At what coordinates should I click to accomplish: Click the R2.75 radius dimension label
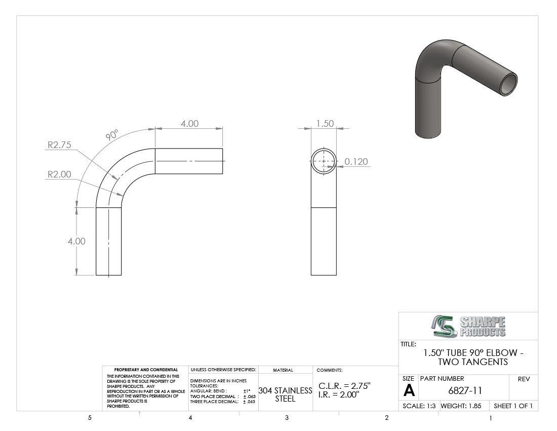(x=59, y=145)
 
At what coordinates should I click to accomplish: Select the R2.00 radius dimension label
(x=59, y=174)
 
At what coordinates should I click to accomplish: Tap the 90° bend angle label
(x=111, y=135)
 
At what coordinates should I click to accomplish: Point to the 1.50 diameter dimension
(x=325, y=123)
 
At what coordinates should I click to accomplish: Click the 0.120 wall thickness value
(x=356, y=161)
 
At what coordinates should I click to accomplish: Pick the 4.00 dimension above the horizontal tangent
(x=190, y=123)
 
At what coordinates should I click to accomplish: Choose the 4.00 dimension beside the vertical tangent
(x=77, y=241)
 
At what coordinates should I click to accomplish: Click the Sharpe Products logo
(x=468, y=326)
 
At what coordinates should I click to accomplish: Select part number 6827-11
(x=465, y=391)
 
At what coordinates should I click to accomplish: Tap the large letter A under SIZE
(x=409, y=391)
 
